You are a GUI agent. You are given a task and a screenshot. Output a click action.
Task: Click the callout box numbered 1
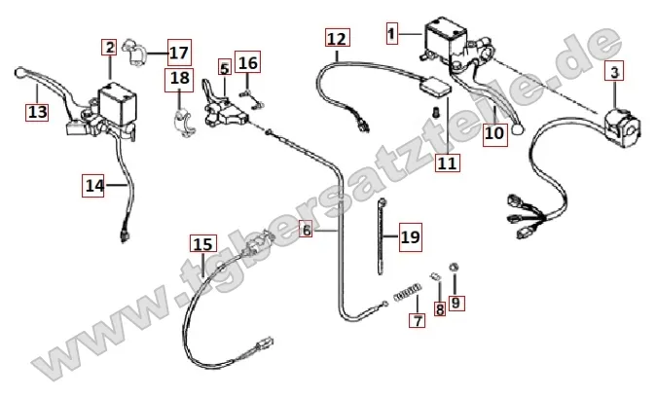(x=392, y=34)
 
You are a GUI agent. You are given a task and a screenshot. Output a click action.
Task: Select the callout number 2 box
(x=109, y=47)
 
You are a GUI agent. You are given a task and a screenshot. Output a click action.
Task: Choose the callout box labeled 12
(x=336, y=39)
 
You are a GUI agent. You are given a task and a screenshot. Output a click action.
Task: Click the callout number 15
(x=201, y=243)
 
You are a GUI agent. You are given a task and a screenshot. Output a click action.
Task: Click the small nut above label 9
(x=454, y=267)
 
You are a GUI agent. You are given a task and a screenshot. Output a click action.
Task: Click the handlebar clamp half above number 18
(x=181, y=126)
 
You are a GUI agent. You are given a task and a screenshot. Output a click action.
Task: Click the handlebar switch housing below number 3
(x=619, y=123)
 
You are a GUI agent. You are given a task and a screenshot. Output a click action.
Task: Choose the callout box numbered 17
(x=179, y=51)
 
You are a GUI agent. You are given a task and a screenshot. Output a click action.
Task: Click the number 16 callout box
(x=248, y=64)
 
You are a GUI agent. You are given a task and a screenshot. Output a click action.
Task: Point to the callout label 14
(x=93, y=184)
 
